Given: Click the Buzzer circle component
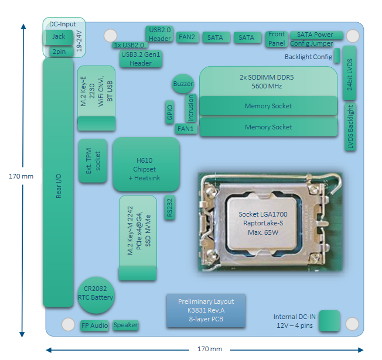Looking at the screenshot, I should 183,84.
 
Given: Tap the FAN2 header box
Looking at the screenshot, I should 187,37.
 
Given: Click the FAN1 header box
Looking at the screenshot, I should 186,129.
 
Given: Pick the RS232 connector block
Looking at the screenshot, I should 170,208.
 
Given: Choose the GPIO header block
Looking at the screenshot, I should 169,111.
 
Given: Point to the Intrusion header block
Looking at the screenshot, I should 190,108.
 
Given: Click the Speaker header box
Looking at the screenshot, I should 125,325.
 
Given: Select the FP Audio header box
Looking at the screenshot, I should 95,325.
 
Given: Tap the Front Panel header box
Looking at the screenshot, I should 277,38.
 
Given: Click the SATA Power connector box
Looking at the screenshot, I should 315,35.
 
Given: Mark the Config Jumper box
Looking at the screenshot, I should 311,43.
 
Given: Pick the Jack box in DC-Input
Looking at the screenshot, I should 59,37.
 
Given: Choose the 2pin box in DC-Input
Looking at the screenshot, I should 59,52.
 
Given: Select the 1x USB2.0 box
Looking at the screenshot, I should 129,45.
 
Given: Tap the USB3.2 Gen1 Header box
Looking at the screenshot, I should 140,59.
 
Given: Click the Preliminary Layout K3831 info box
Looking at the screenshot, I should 206,311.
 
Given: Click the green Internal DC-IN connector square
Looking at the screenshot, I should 329,321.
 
